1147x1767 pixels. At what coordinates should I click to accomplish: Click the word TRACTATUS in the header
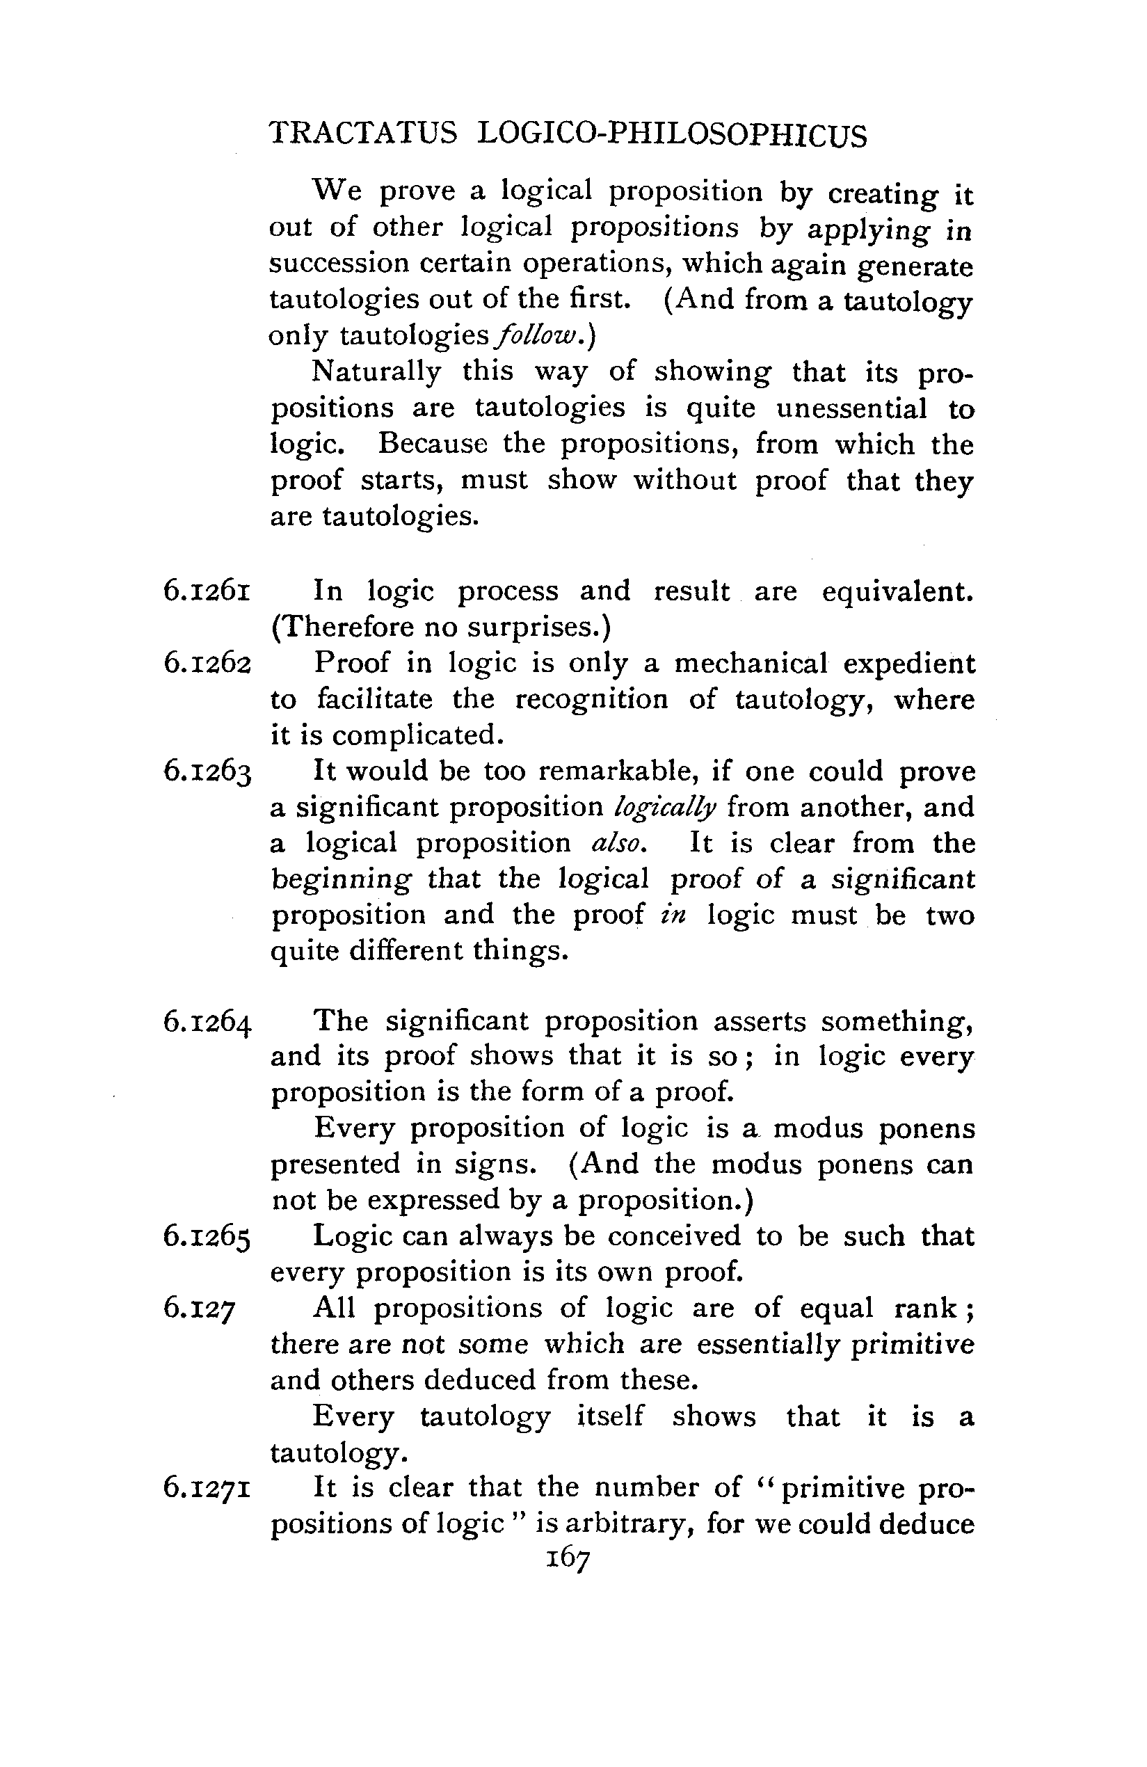(x=363, y=135)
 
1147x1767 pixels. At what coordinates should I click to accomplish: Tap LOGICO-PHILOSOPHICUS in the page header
(x=672, y=135)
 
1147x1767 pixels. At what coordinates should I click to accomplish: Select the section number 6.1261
(x=207, y=592)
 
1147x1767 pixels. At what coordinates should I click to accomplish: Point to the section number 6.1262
(x=208, y=663)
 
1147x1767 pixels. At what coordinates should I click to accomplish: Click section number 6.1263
(x=208, y=772)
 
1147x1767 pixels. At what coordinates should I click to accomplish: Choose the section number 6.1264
(x=208, y=1023)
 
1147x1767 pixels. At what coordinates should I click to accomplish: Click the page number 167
(x=568, y=1558)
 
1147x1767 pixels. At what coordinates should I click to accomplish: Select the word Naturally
(x=376, y=371)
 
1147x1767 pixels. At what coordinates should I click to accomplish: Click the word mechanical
(x=751, y=663)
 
